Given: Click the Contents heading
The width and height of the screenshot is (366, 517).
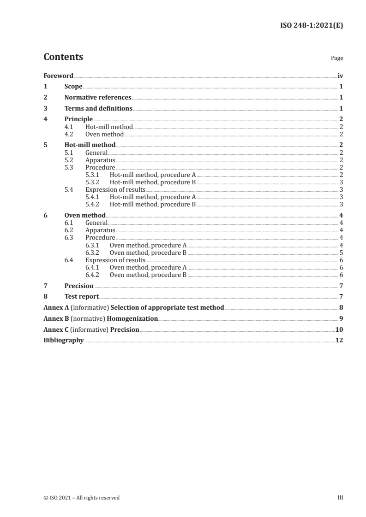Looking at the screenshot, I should (63, 57).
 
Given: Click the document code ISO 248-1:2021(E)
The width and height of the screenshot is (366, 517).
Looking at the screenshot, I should (312, 26).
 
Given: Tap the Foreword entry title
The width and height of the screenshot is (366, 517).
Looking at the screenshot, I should (58, 76).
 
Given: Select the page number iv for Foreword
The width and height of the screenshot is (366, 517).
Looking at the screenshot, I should (340, 76).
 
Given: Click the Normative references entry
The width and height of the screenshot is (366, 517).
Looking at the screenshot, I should (98, 98).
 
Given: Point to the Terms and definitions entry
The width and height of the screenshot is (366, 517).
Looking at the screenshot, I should (98, 109).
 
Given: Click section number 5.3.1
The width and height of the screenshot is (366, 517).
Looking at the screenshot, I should (93, 175).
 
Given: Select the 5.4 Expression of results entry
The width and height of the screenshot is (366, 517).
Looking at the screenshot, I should (115, 189).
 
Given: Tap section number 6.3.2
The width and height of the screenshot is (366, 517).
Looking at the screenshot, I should (93, 253).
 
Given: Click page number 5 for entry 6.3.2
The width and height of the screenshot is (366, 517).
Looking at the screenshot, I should (341, 253).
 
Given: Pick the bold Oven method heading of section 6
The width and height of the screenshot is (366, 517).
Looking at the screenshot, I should (85, 215).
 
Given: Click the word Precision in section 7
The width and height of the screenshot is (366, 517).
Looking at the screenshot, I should (79, 286).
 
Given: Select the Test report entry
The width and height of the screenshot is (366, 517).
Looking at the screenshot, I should (82, 297).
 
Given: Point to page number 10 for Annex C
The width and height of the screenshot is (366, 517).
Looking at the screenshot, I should (339, 329).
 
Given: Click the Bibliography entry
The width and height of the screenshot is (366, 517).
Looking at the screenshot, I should (63, 341).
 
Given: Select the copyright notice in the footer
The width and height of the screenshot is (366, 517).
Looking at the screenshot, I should (82, 498).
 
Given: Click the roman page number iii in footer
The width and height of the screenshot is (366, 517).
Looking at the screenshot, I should (341, 498).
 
